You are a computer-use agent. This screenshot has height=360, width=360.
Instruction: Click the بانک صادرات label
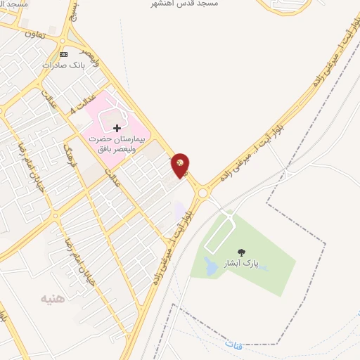pyautogui.click(x=63, y=65)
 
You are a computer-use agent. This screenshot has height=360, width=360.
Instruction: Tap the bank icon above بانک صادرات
pyautogui.click(x=64, y=54)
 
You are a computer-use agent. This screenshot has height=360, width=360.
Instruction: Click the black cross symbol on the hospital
pyautogui.click(x=117, y=128)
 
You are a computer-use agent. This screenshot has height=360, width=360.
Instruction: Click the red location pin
pyautogui.click(x=180, y=165)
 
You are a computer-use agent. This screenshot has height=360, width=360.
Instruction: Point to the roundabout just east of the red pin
pyautogui.click(x=203, y=191)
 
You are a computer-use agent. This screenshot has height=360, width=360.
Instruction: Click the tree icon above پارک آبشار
pyautogui.click(x=241, y=252)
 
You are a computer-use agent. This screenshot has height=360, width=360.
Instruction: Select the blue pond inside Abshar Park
pyautogui.click(x=210, y=266)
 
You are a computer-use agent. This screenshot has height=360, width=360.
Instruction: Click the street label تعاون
pyautogui.click(x=34, y=33)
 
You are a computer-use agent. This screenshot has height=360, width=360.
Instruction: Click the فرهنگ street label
pyautogui.click(x=73, y=153)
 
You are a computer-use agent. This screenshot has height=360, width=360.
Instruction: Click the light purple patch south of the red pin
pyautogui.click(x=180, y=210)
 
